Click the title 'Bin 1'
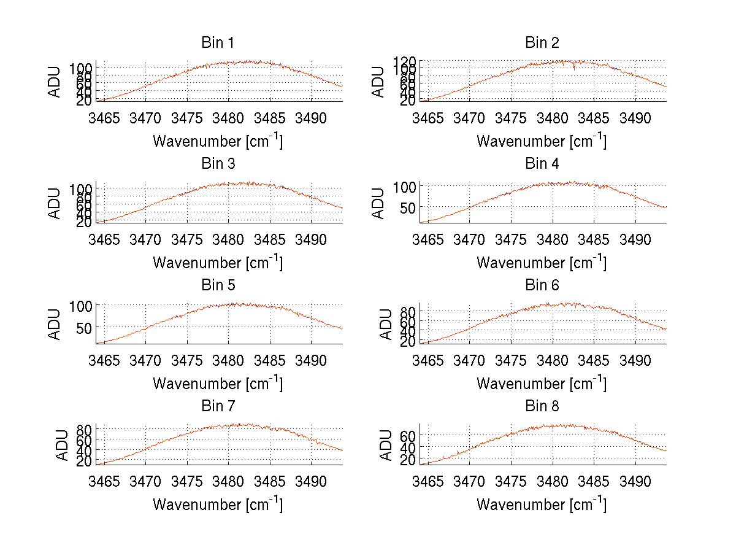(217, 43)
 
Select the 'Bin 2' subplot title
(542, 43)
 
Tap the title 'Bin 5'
(217, 285)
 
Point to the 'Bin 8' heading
(542, 406)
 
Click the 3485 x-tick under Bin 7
(270, 481)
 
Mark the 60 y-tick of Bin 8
(408, 436)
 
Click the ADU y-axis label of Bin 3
(55, 203)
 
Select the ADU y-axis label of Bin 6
(386, 324)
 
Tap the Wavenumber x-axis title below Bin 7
(218, 505)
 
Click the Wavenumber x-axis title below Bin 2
(542, 141)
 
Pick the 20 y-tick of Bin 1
(85, 101)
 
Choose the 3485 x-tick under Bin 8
(594, 481)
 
